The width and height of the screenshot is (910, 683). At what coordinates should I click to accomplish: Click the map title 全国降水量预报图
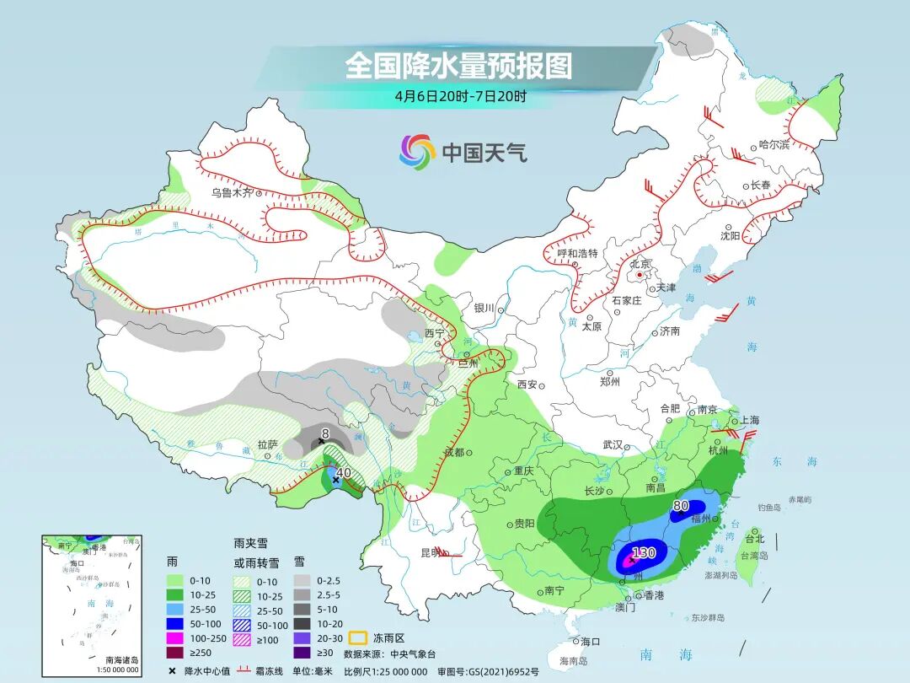pos(458,66)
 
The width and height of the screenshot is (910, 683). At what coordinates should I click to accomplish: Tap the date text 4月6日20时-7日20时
pos(460,95)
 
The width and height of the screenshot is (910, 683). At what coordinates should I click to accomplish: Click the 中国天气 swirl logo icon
pos(417,152)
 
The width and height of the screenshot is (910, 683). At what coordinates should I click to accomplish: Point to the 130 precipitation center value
pos(644,552)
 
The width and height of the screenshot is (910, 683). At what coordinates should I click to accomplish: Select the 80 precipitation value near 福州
pos(682,506)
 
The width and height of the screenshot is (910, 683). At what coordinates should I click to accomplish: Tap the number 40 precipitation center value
pos(343,473)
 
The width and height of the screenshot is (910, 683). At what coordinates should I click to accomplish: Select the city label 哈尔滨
pos(773,145)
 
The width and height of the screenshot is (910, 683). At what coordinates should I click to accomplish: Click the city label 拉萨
pos(267,444)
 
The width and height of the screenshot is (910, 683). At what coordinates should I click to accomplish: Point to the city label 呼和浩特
pos(577,252)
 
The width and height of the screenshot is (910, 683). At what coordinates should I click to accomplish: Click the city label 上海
pos(748,420)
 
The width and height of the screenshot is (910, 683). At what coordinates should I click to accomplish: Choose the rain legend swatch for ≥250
pos(175,652)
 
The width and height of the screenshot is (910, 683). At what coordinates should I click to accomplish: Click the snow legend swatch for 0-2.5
pos(302,581)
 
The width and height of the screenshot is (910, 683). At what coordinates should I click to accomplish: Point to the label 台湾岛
pos(754,556)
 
